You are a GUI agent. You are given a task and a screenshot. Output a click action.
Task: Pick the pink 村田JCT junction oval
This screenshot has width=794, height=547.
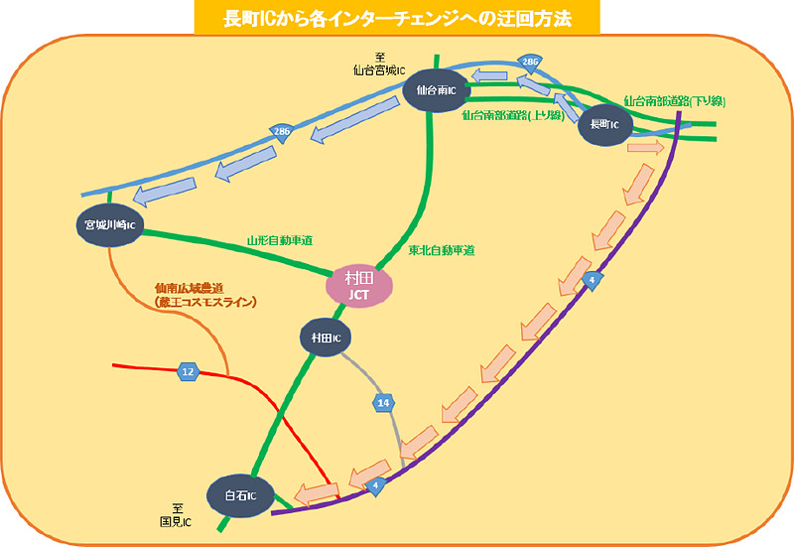click(x=358, y=286)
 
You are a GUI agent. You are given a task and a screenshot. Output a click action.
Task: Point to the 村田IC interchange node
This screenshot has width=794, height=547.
click(x=326, y=339)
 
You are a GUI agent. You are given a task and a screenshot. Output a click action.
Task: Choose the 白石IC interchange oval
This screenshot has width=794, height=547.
click(x=240, y=495)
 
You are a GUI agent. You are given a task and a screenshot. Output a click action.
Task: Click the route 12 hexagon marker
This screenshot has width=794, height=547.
click(x=188, y=372)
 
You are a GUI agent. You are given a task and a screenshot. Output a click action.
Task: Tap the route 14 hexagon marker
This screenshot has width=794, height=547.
click(x=384, y=403)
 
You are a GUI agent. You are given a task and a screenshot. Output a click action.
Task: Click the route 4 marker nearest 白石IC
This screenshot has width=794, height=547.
click(x=375, y=485)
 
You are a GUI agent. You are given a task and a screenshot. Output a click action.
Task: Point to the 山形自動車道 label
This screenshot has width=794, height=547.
click(x=280, y=241)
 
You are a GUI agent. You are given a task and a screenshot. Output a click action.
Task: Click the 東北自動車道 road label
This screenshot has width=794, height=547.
click(x=442, y=250)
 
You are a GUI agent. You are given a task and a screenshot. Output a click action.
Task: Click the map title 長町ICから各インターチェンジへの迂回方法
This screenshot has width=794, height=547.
click(x=396, y=17)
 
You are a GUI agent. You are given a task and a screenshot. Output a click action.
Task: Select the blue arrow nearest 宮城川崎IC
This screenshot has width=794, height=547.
click(x=156, y=195)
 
